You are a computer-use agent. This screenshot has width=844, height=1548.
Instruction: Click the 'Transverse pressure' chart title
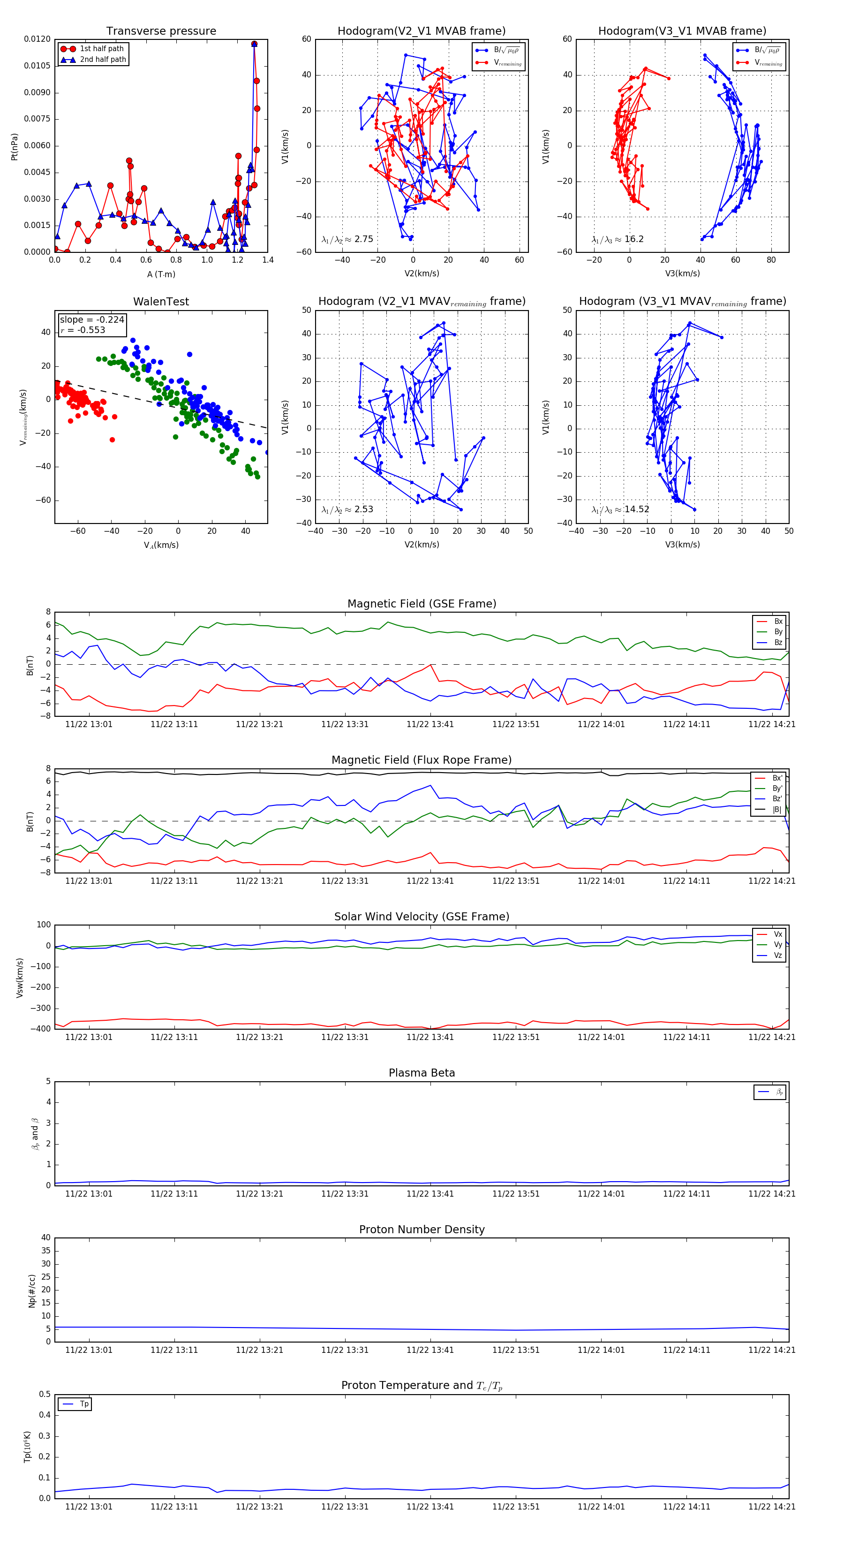pos(161,31)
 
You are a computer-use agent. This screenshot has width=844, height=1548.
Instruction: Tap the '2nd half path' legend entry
pos(103,60)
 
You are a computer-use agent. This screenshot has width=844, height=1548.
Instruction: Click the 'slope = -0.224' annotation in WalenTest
pos(91,320)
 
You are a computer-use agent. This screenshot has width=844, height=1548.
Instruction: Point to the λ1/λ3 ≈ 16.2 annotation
pos(618,239)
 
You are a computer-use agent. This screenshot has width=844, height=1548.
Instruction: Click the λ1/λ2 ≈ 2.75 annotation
pos(347,239)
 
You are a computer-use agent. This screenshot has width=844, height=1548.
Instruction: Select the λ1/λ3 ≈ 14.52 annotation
pos(620,509)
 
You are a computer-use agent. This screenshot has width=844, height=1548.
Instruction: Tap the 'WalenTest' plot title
pos(161,302)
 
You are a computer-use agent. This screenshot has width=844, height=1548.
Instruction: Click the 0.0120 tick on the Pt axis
pos(37,39)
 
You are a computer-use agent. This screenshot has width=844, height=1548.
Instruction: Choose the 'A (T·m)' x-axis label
pos(161,274)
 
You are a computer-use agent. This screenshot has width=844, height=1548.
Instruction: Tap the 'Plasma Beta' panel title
pos(422,1073)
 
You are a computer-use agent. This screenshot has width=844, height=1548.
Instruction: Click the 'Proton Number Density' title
pos(422,1229)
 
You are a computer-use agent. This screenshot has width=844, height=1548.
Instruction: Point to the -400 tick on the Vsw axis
pos(42,1029)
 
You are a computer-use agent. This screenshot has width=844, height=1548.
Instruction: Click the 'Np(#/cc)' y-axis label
pos(32,1291)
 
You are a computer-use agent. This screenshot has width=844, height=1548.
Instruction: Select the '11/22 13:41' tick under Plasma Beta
pos(430,1194)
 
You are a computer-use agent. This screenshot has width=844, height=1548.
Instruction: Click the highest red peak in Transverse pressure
pos(254,44)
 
